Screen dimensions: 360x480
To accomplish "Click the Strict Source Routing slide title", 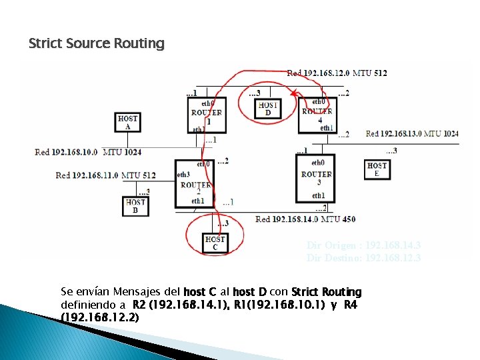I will tap(96, 44).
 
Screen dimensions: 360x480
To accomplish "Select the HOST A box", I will tap(127, 123).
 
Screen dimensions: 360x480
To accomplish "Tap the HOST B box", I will tap(135, 206).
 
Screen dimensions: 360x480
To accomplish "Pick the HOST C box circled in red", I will tap(215, 243).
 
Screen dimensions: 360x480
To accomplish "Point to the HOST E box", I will tap(377, 169).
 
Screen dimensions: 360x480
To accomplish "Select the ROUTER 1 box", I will tap(206, 116).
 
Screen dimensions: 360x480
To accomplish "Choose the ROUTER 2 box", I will tap(195, 183).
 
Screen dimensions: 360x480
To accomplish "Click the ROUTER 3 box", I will tap(316, 177).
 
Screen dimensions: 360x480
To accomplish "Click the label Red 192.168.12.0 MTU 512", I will tap(337, 73).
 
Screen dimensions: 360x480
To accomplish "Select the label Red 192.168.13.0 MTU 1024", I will tap(412, 134).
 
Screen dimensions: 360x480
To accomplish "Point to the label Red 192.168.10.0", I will tap(66, 152).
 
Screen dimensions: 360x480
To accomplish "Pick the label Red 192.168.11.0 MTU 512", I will tap(105, 175).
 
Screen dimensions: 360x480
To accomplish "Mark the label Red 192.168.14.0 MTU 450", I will tap(305, 219).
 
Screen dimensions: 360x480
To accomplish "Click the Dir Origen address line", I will tap(363, 245).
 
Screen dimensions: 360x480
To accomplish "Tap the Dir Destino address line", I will tap(363, 257).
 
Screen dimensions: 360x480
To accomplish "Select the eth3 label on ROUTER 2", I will tap(183, 175).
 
